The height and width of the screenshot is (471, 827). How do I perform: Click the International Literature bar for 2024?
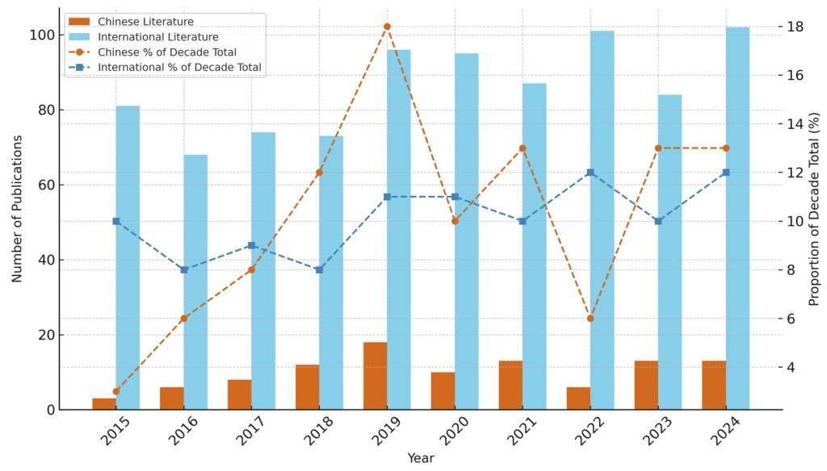pyautogui.click(x=737, y=218)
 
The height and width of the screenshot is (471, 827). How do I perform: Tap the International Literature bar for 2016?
pyautogui.click(x=195, y=282)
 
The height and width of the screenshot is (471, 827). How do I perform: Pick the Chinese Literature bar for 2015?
pyautogui.click(x=104, y=404)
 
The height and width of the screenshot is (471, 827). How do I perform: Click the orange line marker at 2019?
pyautogui.click(x=387, y=27)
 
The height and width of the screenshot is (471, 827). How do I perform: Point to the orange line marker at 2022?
pyautogui.click(x=590, y=319)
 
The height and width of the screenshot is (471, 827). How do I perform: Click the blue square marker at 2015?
pyautogui.click(x=116, y=221)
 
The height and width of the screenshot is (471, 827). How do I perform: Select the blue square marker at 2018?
pyautogui.click(x=319, y=269)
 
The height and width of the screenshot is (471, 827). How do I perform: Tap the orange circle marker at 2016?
pyautogui.click(x=183, y=319)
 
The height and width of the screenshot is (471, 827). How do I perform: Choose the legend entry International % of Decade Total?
pyautogui.click(x=179, y=68)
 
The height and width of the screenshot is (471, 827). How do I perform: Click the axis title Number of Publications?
pyautogui.click(x=17, y=208)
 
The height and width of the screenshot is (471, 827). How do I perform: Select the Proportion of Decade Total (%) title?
pyautogui.click(x=814, y=208)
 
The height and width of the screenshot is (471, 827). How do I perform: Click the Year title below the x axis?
pyautogui.click(x=421, y=458)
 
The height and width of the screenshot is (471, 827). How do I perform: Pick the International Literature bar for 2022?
pyautogui.click(x=602, y=220)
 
